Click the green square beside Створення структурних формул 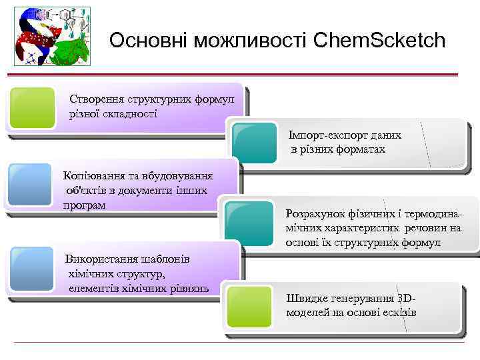click(33, 107)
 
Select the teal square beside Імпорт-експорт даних click(254, 142)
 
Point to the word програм click(84, 205)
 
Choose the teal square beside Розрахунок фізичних click(250, 222)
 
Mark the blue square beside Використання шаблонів click(32, 269)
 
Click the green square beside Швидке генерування click(249, 306)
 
